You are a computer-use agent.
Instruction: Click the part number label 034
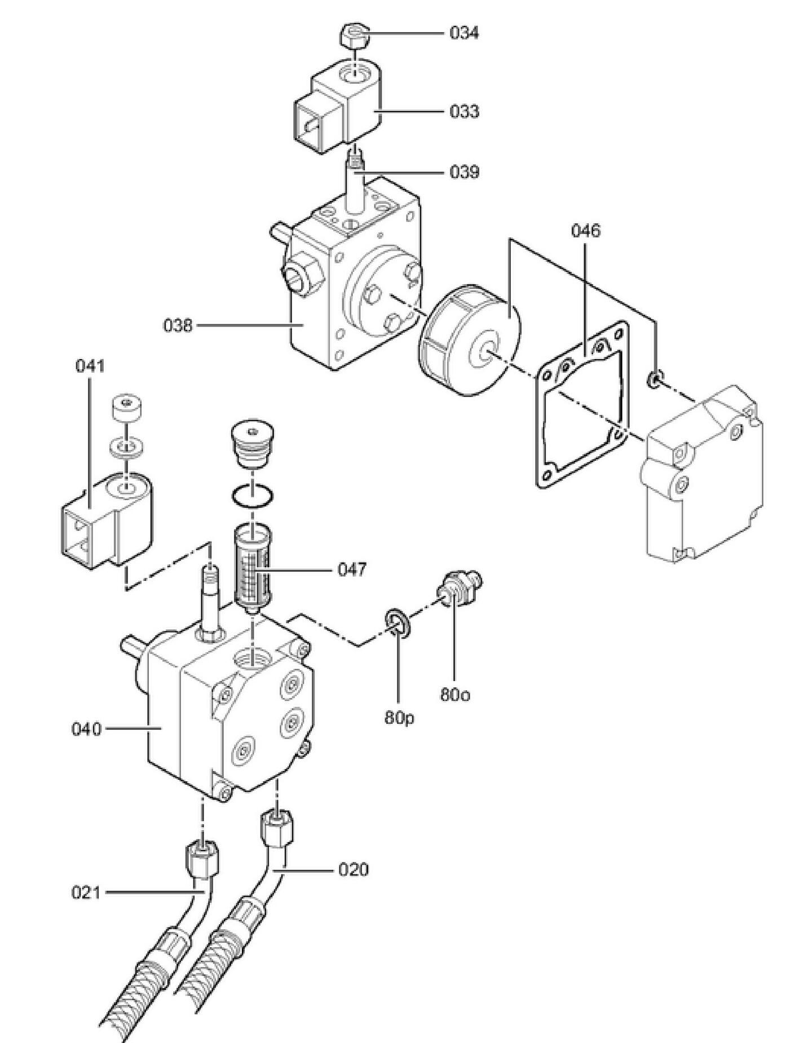point(464,33)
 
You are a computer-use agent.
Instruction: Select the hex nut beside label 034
point(354,38)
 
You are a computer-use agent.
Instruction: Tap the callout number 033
point(464,112)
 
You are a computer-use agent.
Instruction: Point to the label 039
point(464,171)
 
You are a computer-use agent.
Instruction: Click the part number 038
point(178,325)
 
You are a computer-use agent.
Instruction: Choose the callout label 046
point(586,231)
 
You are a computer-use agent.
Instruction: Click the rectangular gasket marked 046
point(581,406)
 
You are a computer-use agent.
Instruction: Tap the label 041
point(90,366)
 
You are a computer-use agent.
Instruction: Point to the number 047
point(352,569)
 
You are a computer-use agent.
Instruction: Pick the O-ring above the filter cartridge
point(252,496)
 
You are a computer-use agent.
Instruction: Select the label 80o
point(454,695)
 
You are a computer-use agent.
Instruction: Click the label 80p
point(399,717)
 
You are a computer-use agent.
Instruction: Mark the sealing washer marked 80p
point(397,624)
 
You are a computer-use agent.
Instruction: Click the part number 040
point(86,729)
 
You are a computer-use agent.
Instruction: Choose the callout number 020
point(353,870)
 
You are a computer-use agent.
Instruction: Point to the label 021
point(86,892)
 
